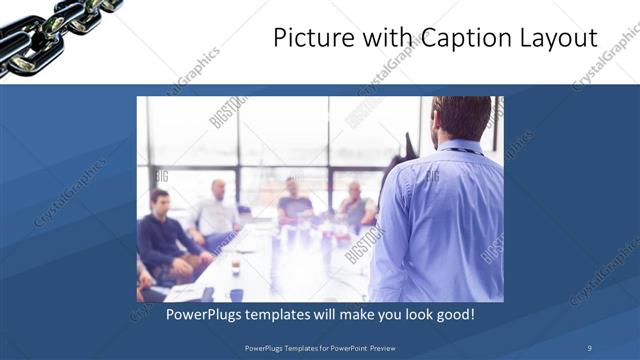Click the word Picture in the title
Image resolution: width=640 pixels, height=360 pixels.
coord(309,38)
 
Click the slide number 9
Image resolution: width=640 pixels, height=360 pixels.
coord(589,347)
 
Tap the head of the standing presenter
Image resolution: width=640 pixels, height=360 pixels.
coord(463,117)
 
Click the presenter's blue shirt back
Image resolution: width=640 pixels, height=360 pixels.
coord(445,220)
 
